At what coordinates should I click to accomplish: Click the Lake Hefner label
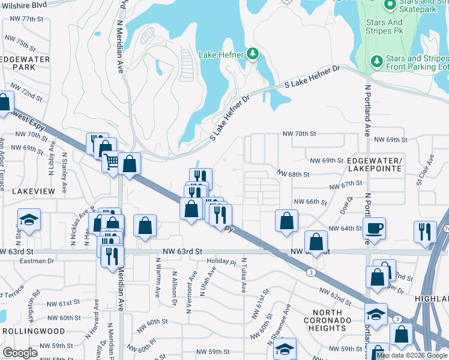pyautogui.click(x=221, y=55)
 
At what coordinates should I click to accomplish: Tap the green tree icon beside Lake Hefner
pyautogui.click(x=253, y=55)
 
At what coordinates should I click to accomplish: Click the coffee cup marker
pyautogui.click(x=375, y=229)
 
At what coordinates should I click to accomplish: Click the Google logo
pyautogui.click(x=21, y=353)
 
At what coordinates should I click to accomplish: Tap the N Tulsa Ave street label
pyautogui.click(x=244, y=275)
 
